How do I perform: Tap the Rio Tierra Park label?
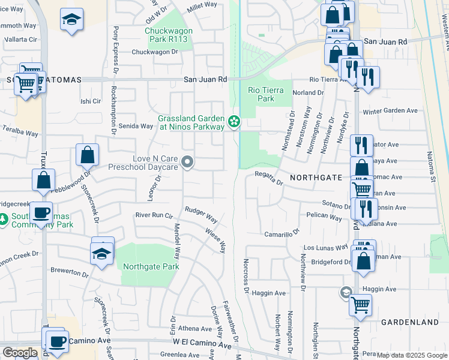[261, 94]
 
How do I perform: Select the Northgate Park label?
[151, 266]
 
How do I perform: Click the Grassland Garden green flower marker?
[234, 122]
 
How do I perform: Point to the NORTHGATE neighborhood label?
[316, 178]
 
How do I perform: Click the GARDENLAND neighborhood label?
[410, 322]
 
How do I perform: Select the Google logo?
[20, 353]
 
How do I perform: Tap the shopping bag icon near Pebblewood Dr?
[88, 155]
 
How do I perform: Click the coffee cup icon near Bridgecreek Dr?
[41, 212]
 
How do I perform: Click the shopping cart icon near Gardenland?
[361, 304]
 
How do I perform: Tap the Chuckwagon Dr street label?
[155, 52]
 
